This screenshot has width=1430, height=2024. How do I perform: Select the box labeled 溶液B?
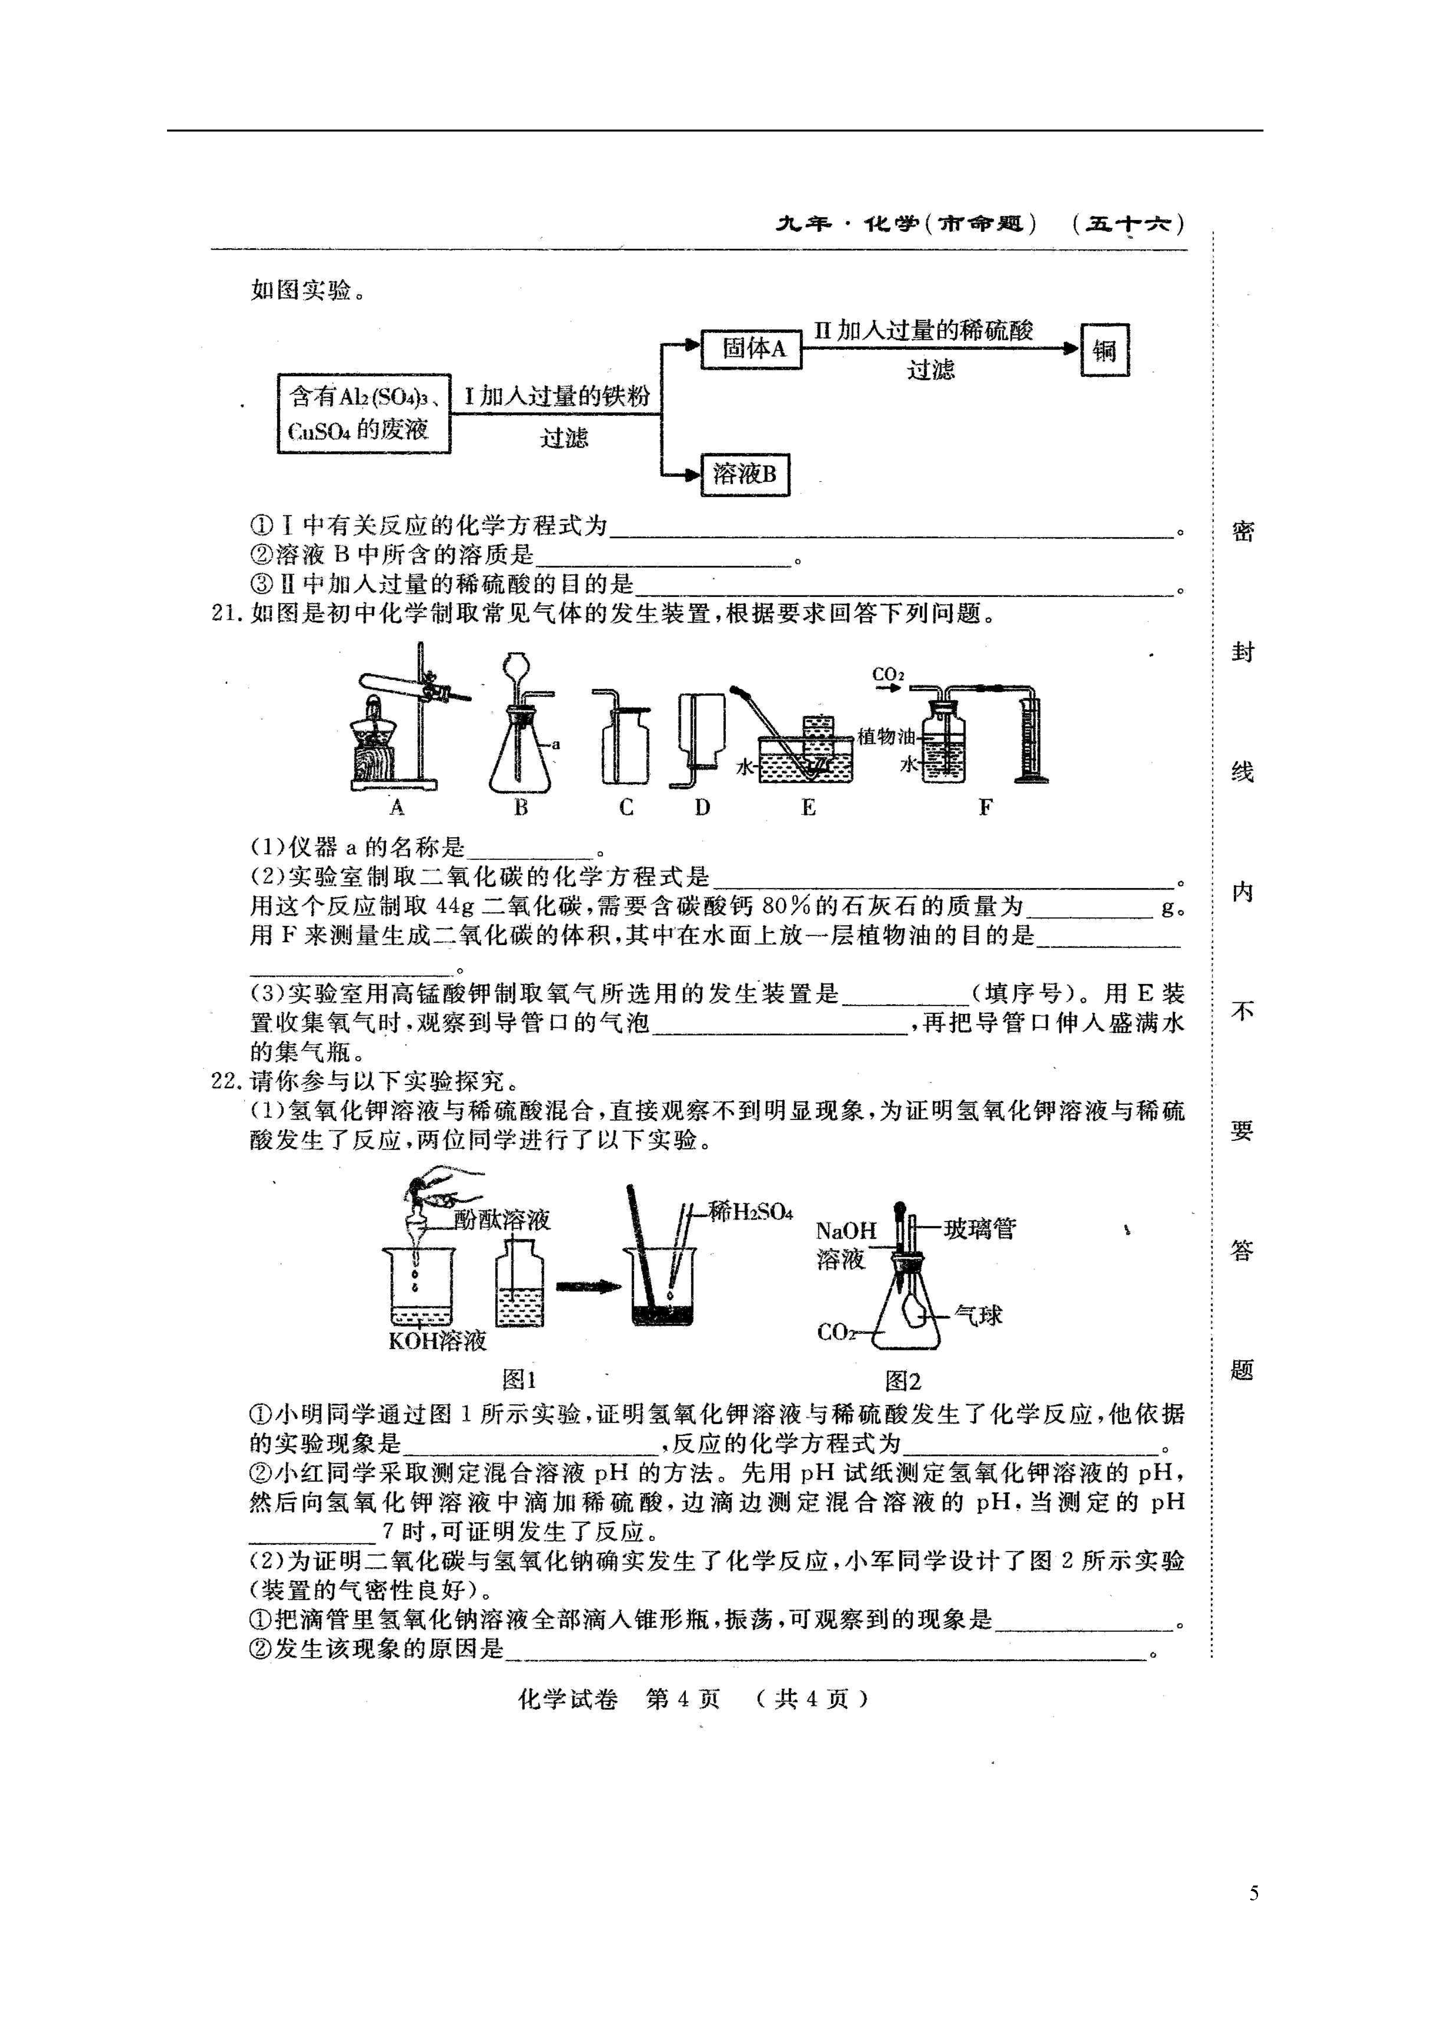click(745, 474)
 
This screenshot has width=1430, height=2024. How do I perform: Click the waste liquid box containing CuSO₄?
click(364, 413)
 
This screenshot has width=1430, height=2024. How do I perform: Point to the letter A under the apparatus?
click(396, 807)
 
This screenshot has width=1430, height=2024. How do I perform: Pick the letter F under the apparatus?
click(985, 807)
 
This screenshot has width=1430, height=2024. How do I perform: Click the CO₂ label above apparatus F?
click(887, 675)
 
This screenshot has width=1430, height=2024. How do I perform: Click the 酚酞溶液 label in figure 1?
click(502, 1220)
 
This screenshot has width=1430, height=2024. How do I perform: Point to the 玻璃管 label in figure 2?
click(980, 1228)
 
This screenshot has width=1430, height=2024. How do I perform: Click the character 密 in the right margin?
click(1242, 531)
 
